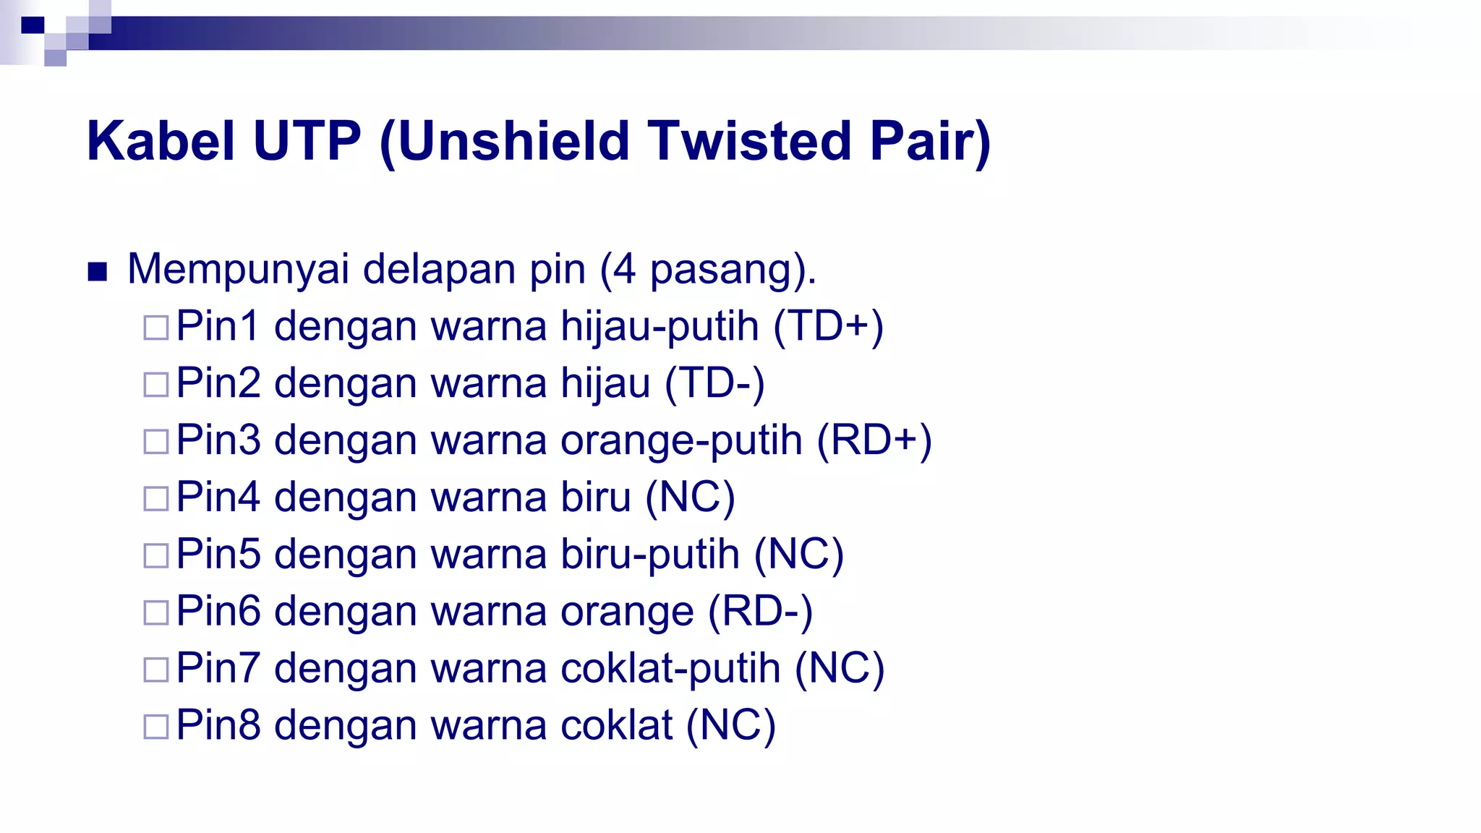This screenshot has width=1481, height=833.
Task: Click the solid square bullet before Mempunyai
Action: coord(97,272)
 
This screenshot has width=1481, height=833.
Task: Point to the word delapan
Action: coord(439,269)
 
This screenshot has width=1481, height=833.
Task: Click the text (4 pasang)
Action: coord(708,269)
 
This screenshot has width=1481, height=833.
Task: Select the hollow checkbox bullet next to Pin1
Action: coord(155,328)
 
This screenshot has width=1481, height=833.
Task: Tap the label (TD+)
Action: coord(828,326)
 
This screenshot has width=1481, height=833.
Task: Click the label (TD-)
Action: coord(714,383)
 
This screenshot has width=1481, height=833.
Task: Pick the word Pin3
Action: coord(218,440)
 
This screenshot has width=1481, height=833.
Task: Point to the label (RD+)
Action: coord(874,440)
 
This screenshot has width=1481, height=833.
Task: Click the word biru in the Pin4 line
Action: coord(596,497)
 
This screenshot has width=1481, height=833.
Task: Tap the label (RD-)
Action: coord(760,611)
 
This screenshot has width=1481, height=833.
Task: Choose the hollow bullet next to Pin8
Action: coord(155,727)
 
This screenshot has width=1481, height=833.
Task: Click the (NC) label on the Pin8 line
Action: coord(730,725)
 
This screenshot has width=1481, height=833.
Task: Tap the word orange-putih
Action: coord(681,440)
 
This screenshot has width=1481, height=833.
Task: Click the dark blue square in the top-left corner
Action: coord(33,25)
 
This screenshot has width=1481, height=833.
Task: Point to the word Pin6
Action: coord(218,611)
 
